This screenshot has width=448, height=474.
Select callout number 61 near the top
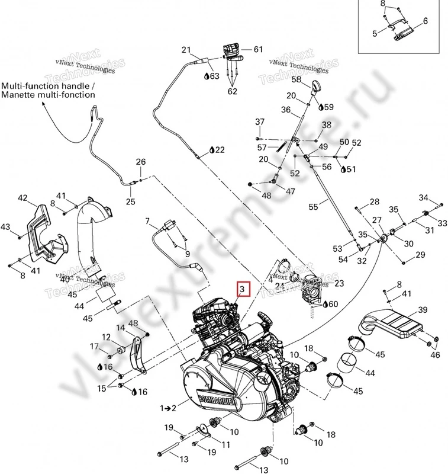(x=257, y=49)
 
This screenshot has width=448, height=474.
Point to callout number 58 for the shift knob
(x=296, y=79)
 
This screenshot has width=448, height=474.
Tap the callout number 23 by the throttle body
(x=339, y=283)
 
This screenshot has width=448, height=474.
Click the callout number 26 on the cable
(x=140, y=162)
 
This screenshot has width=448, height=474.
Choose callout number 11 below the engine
(x=225, y=445)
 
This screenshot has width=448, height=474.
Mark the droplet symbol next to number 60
(x=323, y=304)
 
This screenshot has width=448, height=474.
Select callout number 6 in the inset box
(x=424, y=21)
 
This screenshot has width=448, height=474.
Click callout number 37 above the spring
(x=259, y=122)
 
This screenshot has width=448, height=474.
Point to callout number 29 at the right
(x=421, y=255)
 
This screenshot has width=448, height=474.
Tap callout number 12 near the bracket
(x=106, y=337)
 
